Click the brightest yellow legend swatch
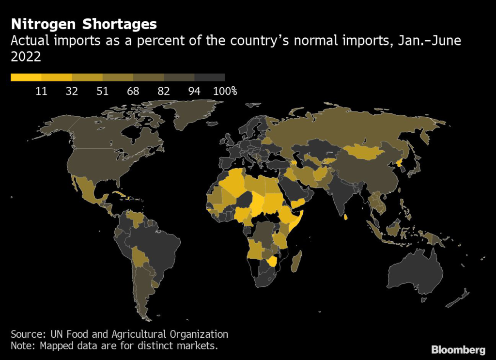point(26,77)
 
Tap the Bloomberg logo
point(458,349)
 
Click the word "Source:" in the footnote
point(27,334)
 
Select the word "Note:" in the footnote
point(23,346)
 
